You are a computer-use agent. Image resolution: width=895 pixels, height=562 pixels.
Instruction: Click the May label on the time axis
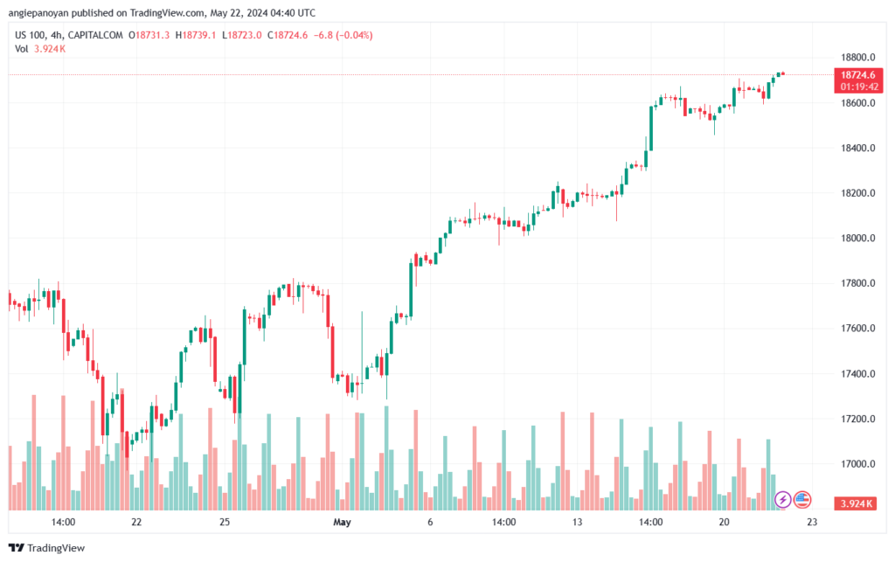(342, 522)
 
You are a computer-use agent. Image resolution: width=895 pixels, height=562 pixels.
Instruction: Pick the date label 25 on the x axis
(225, 522)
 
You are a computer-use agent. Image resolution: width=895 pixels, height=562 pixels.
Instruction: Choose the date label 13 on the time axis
(577, 522)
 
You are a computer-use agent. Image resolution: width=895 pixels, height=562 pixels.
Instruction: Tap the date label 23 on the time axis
(812, 522)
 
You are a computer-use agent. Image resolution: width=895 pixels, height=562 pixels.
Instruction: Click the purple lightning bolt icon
(783, 499)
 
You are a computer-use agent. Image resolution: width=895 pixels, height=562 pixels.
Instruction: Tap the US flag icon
(801, 499)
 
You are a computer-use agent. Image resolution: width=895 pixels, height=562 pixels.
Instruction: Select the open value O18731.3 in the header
(149, 35)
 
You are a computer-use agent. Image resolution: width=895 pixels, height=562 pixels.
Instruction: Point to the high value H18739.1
(198, 35)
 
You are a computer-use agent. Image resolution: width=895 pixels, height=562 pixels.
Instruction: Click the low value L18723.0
(244, 35)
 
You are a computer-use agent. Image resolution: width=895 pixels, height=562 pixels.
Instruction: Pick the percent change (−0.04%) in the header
(350, 35)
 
